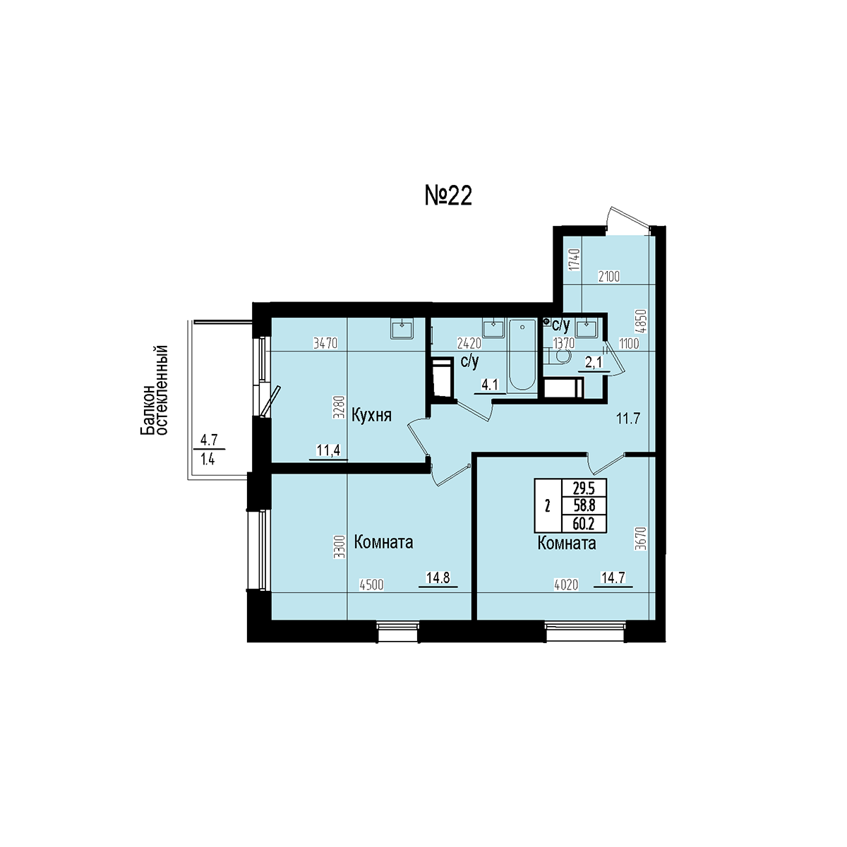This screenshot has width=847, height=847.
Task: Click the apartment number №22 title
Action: (x=448, y=196)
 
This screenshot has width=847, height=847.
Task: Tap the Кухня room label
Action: (x=371, y=416)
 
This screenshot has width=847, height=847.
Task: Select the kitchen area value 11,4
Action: (x=328, y=450)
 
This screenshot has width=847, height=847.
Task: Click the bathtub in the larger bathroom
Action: (x=522, y=355)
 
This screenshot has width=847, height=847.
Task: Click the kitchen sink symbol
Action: (x=402, y=328)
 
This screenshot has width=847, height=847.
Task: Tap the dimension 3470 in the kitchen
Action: (x=325, y=343)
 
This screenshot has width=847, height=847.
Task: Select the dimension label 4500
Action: (x=371, y=585)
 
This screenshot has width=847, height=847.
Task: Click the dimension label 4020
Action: (x=566, y=585)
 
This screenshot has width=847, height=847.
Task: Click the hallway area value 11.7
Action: (x=629, y=419)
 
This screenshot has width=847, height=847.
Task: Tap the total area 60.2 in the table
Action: (x=584, y=524)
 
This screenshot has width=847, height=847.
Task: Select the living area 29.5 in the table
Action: (x=584, y=488)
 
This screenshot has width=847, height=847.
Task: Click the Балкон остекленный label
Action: (x=155, y=390)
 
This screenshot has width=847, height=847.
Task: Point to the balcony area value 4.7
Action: (x=209, y=439)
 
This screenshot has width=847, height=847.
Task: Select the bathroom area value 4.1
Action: (x=490, y=385)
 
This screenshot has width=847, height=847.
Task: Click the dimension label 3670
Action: (x=641, y=539)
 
